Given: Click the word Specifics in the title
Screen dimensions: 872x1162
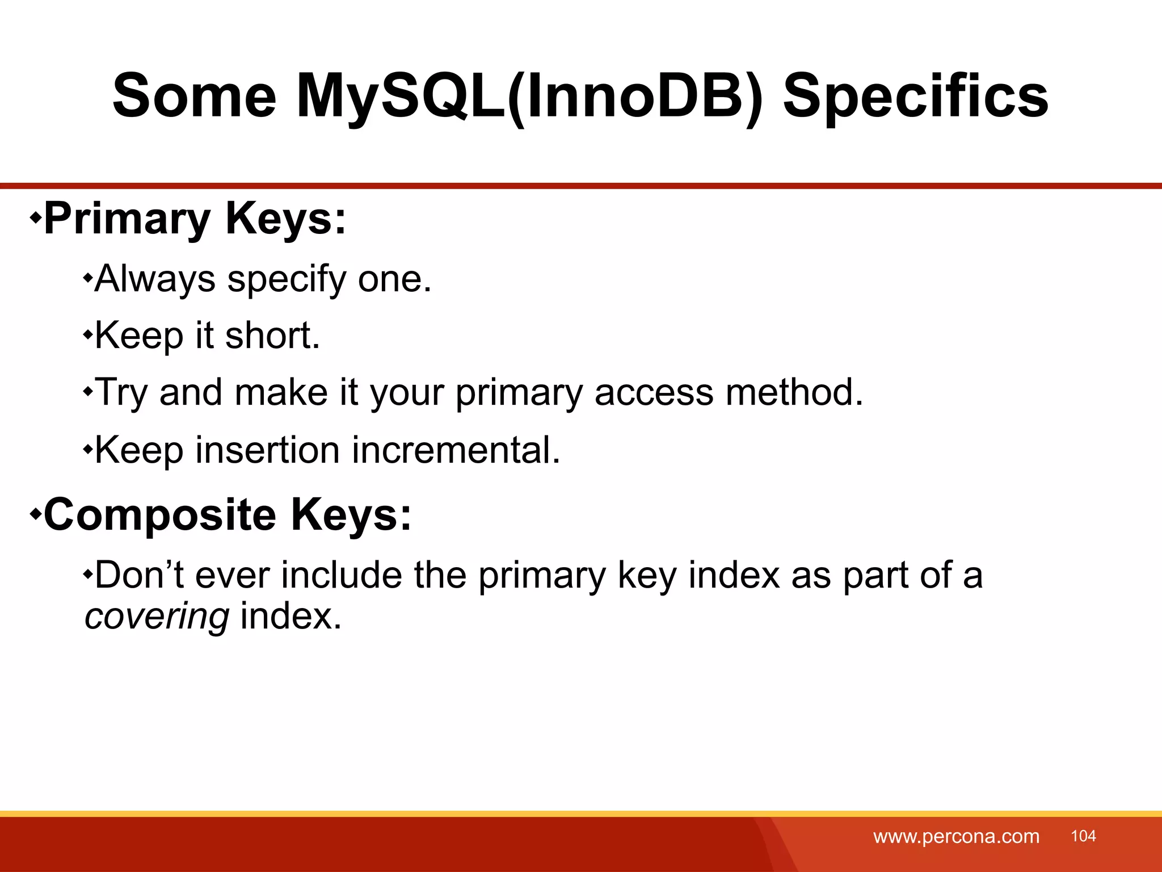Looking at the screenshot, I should [915, 97].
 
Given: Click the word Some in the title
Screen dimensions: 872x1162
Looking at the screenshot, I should [194, 97].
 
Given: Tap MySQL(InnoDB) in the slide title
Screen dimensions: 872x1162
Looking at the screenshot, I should [529, 97].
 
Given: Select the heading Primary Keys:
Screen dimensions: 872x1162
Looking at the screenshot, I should [195, 219].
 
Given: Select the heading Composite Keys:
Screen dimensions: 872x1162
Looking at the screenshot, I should [227, 515].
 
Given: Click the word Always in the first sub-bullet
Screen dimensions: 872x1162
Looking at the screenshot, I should [155, 279].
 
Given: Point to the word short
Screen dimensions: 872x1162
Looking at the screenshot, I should [272, 336].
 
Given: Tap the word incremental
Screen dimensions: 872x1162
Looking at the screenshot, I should [456, 450].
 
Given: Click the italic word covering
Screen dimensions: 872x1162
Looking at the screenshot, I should [157, 617].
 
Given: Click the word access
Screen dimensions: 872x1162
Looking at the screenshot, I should [654, 392].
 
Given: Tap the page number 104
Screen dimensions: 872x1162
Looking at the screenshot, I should [1083, 836].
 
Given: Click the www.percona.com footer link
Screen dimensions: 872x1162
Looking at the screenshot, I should [956, 836].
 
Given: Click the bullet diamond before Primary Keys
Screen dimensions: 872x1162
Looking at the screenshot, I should [35, 217].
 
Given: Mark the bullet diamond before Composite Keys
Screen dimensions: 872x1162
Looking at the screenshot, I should [35, 514].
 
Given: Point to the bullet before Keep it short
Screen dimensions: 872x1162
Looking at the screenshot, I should [87, 335].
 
